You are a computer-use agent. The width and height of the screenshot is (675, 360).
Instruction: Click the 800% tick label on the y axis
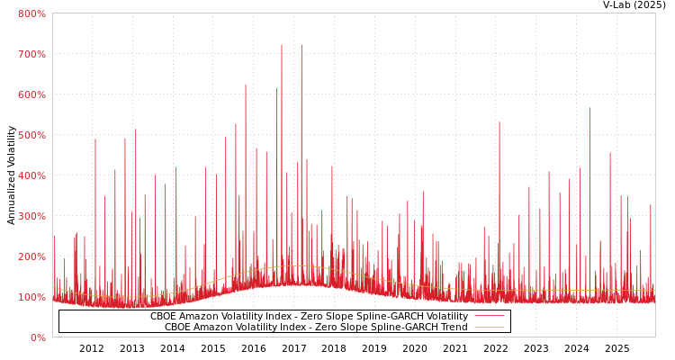pos(31,13)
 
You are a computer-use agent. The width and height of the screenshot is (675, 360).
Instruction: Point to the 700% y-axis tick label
pos(31,54)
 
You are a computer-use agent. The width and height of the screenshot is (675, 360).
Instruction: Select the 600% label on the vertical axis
pos(31,94)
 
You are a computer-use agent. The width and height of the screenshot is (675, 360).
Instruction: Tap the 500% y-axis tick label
pos(31,135)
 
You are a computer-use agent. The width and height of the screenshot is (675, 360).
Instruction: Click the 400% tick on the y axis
pos(31,175)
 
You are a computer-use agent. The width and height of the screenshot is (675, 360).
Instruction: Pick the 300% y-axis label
pos(31,216)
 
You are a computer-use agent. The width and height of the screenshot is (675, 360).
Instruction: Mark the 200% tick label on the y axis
pos(31,256)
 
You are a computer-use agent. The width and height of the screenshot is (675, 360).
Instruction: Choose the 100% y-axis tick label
pos(31,297)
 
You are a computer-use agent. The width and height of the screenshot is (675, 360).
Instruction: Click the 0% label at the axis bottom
pos(38,337)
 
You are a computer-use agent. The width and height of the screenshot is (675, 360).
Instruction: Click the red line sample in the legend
pos(489,317)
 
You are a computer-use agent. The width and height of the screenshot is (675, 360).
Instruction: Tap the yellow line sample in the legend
pos(489,328)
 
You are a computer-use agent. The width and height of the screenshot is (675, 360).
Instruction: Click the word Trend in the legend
pos(453,328)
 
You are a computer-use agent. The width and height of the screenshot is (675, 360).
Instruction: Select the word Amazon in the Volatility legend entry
pos(199,317)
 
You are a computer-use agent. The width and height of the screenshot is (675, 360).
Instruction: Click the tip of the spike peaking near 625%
pos(245,85)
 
